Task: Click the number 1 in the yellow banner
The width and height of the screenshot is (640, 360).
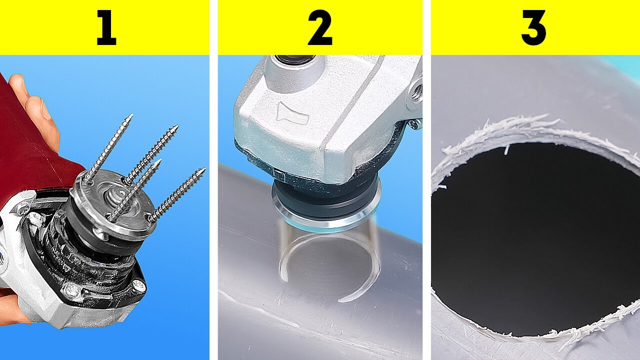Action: click(x=106, y=28)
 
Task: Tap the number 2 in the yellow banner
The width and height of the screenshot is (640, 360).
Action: click(x=320, y=28)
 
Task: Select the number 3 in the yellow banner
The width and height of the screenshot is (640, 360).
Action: click(x=533, y=28)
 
